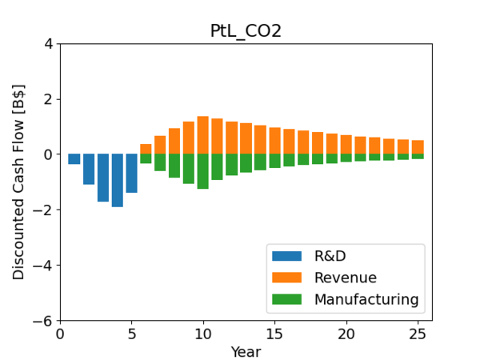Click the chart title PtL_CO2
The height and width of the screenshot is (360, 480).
(x=246, y=30)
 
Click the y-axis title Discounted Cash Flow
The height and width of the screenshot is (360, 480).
(x=18, y=182)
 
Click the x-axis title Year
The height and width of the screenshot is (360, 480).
(x=246, y=351)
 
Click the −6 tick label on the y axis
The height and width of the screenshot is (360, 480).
(x=46, y=321)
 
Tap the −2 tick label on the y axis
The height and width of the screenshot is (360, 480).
(x=46, y=210)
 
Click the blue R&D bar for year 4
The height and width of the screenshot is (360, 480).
(x=118, y=180)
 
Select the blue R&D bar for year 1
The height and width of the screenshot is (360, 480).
(x=74, y=159)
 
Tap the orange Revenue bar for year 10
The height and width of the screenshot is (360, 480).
(x=203, y=135)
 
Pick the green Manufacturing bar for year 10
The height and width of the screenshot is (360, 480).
(x=203, y=171)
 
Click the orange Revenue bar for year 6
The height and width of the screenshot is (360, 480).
(x=146, y=149)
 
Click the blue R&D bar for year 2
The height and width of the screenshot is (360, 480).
(x=89, y=170)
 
